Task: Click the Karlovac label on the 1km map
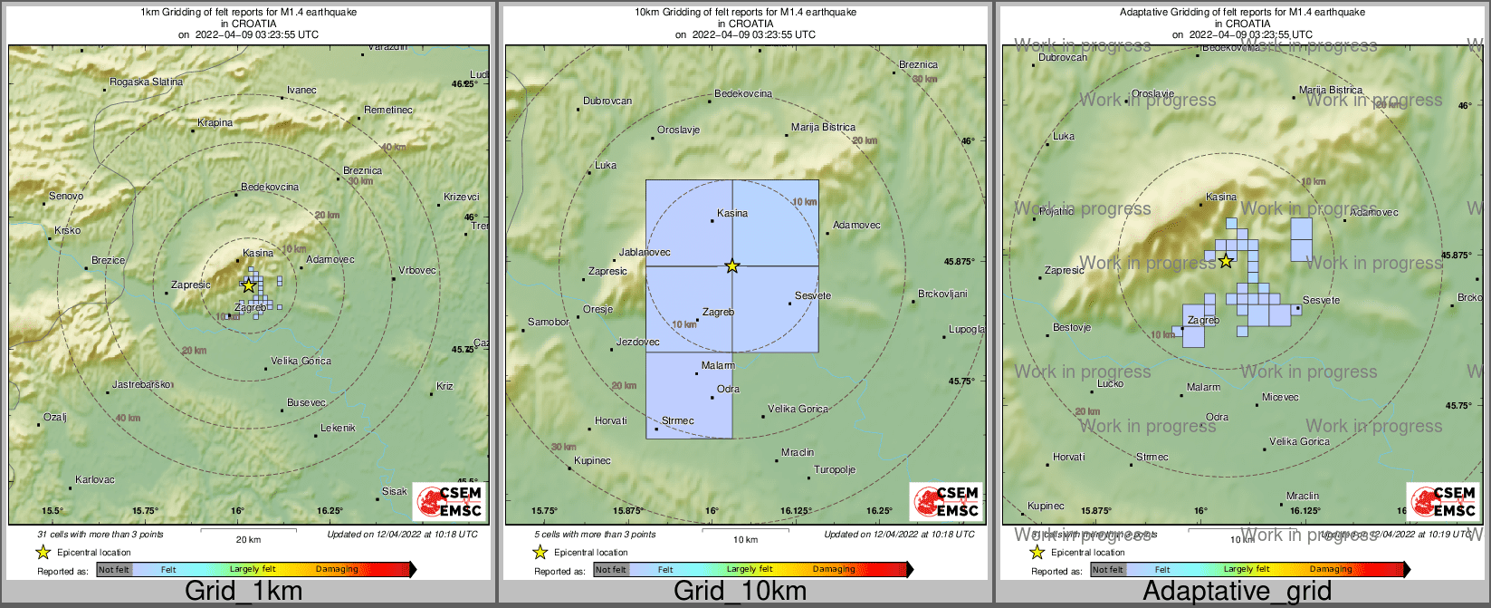(94, 479)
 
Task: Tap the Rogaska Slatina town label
(146, 82)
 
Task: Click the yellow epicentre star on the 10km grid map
(732, 265)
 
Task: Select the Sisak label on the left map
(394, 491)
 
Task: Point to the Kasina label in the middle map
(732, 214)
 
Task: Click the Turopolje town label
(835, 469)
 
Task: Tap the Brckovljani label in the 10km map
(942, 294)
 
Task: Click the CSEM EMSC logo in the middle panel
(946, 502)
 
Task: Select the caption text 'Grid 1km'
(244, 592)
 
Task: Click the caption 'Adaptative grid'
(1237, 592)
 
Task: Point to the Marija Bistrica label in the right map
(1330, 90)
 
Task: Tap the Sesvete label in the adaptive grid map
(1321, 300)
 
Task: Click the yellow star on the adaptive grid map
(1226, 261)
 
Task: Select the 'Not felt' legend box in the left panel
(114, 570)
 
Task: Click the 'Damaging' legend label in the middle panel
(834, 570)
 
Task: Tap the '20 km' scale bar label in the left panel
(248, 539)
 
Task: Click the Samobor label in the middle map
(549, 322)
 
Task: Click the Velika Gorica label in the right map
(1299, 441)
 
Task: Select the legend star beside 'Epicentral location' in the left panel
(43, 552)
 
